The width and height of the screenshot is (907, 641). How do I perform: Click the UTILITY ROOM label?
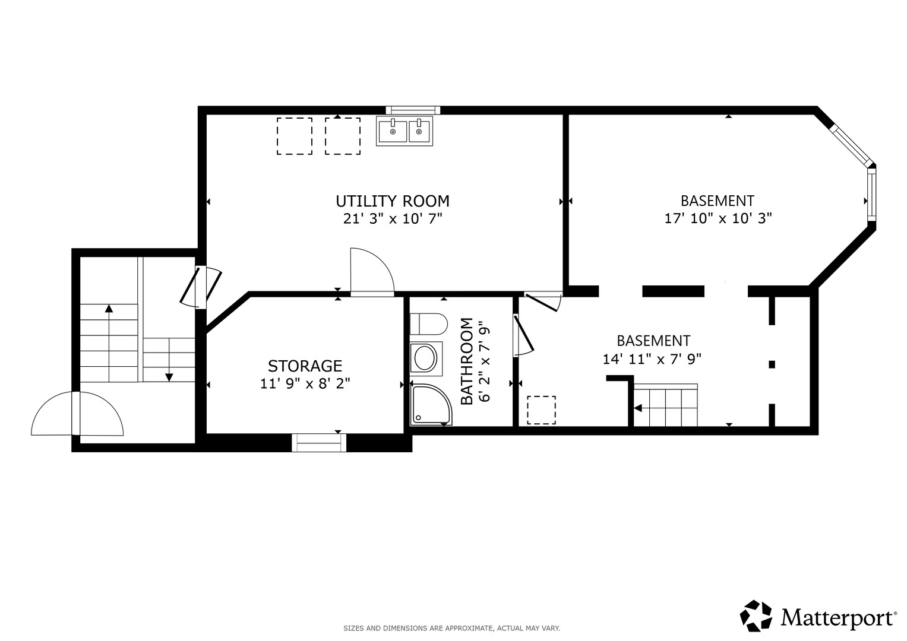tap(393, 201)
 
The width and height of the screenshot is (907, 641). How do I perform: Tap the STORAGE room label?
tap(305, 366)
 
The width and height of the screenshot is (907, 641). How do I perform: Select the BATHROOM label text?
tap(467, 361)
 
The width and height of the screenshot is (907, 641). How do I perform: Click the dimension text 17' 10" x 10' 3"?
tap(718, 218)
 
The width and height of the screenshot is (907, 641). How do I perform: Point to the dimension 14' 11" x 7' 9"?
tap(652, 359)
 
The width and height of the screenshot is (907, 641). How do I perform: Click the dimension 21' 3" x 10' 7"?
tap(393, 218)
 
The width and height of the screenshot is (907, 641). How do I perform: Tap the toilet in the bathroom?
tap(428, 323)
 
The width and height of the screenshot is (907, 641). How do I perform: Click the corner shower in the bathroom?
tap(431, 404)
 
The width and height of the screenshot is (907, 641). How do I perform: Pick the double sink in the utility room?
tap(404, 131)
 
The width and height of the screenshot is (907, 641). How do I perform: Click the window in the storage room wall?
tap(319, 442)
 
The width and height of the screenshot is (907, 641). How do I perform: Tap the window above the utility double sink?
tap(413, 110)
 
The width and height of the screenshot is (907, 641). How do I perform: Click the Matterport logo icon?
tap(756, 615)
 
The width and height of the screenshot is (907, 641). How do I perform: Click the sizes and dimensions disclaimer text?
tap(451, 629)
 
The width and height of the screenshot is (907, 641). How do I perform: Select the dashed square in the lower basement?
tap(541, 410)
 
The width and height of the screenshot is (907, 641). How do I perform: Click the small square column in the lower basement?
tap(772, 364)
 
